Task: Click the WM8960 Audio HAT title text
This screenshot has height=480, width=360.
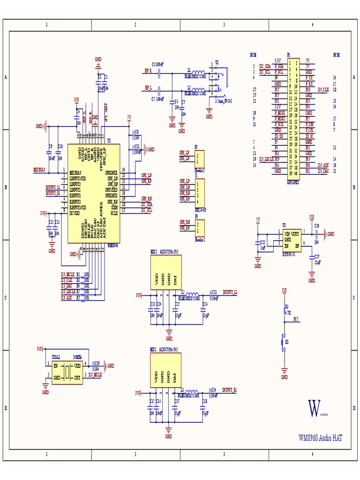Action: (x=320, y=438)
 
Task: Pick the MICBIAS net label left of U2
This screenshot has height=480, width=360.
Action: (x=39, y=170)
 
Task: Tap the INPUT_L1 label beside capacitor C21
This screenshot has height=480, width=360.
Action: (x=230, y=292)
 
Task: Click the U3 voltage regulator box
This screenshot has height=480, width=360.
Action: (x=290, y=240)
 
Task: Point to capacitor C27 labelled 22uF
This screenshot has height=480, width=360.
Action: (x=312, y=260)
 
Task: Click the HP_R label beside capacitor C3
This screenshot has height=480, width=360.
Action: (x=148, y=70)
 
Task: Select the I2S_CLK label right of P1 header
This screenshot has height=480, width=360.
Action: (x=323, y=89)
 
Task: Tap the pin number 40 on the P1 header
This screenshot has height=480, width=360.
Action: (x=296, y=173)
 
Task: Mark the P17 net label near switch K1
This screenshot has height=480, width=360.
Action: (x=296, y=319)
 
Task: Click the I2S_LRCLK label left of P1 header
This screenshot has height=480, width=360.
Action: (x=265, y=159)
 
